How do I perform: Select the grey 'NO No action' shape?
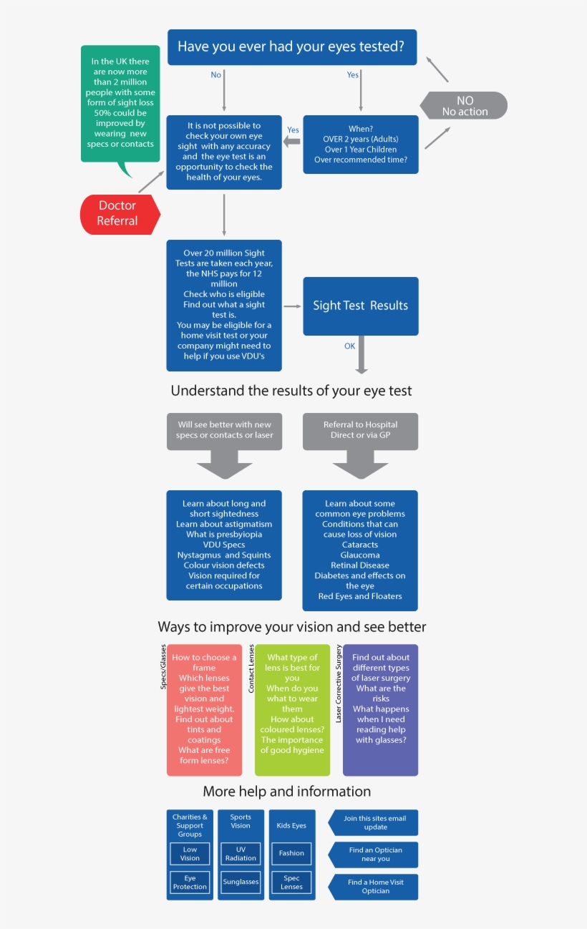[x=465, y=106]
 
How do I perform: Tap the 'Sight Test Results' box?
[x=360, y=306]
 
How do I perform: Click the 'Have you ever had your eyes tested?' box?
[x=291, y=47]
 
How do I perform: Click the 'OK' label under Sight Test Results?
[x=349, y=346]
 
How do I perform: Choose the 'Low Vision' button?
[x=190, y=854]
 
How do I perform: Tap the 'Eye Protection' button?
[x=190, y=882]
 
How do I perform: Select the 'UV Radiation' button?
[x=241, y=854]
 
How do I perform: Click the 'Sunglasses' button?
[x=241, y=882]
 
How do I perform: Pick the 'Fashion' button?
[x=291, y=853]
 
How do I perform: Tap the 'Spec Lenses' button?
[x=291, y=882]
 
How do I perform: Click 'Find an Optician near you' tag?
[x=374, y=855]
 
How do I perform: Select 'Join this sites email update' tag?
[x=374, y=822]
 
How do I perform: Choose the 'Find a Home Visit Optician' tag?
[x=374, y=887]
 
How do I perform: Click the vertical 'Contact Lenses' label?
[x=251, y=668]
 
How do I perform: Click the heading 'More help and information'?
[x=286, y=792]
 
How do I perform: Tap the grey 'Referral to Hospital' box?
[x=360, y=430]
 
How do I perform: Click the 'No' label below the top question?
[x=215, y=75]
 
